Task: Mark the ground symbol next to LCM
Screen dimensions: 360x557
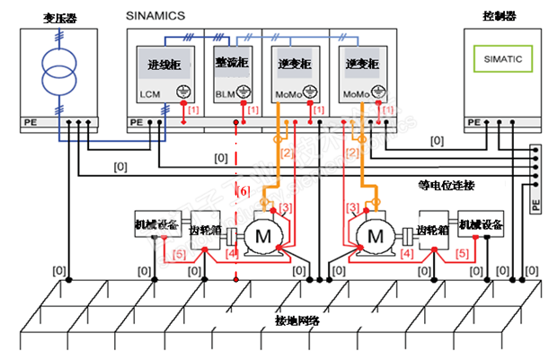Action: tap(181, 91)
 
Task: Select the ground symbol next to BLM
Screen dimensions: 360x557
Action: tap(247, 91)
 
